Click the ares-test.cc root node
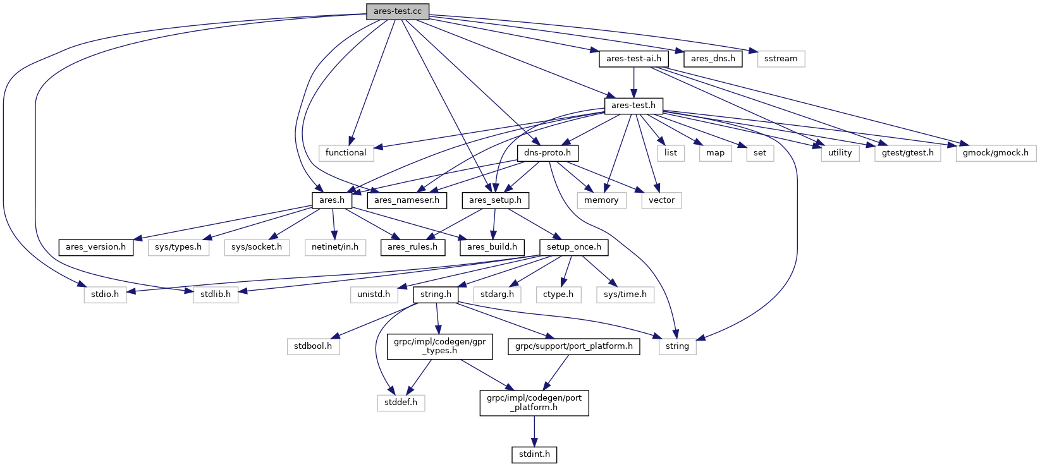397,11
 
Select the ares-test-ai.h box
633,59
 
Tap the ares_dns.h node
713,59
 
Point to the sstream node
781,59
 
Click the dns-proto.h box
547,153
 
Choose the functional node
346,153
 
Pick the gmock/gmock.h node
995,153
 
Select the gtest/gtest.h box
907,153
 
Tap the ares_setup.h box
495,200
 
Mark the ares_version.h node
95,247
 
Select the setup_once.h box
573,247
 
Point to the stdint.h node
534,454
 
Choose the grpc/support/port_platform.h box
574,346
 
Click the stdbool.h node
313,346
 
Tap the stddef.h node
401,403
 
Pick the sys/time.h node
625,294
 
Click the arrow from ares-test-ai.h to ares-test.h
633,82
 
